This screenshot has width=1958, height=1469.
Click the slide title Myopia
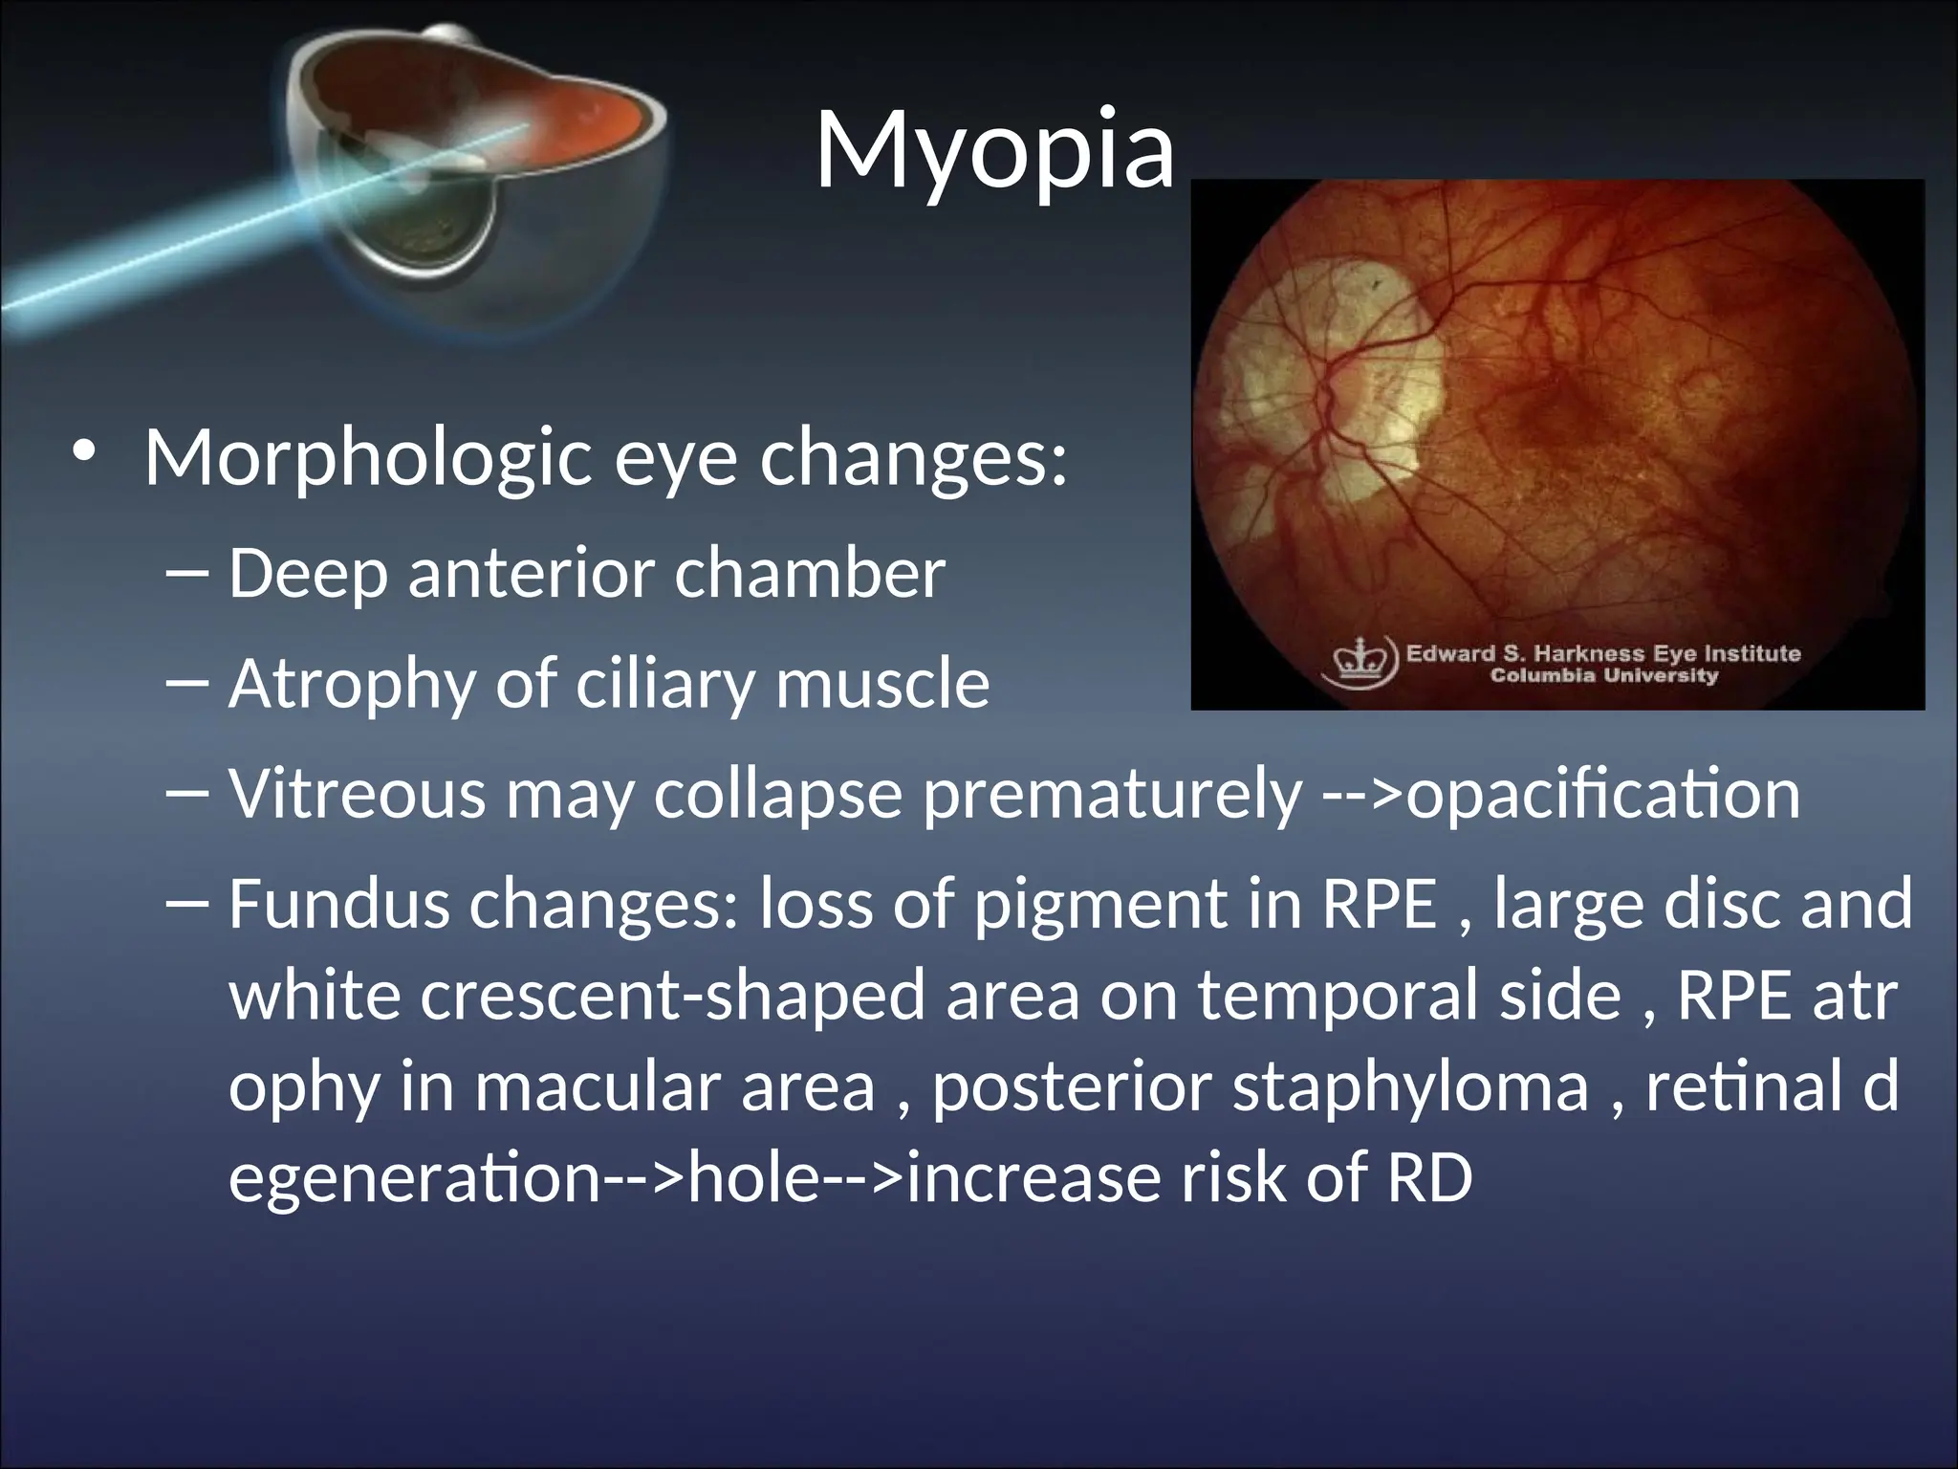(x=994, y=150)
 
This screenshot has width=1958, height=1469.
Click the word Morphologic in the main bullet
(x=368, y=458)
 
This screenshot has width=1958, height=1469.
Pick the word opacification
(x=1603, y=794)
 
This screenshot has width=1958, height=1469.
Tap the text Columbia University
(x=1604, y=676)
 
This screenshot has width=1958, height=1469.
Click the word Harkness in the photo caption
(x=1587, y=654)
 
